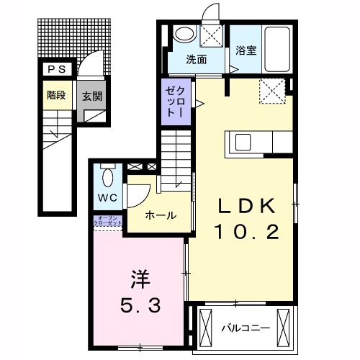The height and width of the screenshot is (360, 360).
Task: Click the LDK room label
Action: point(247,207)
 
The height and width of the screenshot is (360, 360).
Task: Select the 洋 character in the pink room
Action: point(140,276)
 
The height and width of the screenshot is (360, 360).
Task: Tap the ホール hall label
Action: point(161,215)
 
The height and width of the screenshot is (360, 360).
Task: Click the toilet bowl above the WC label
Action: point(107,175)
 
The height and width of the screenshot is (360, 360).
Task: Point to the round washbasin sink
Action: point(185,34)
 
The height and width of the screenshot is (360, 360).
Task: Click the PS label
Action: point(55,69)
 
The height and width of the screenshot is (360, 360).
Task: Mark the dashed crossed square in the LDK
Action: point(272,91)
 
